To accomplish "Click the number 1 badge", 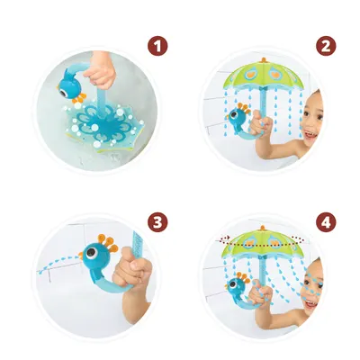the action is pyautogui.click(x=157, y=46).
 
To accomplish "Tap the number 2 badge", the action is pyautogui.click(x=326, y=46).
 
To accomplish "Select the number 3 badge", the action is pyautogui.click(x=157, y=222).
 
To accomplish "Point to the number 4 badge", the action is pyautogui.click(x=326, y=222).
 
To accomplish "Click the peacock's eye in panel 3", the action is pyautogui.click(x=90, y=254).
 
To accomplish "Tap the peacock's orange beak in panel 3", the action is pyautogui.click(x=80, y=256).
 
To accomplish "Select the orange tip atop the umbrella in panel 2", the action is pyautogui.click(x=264, y=59).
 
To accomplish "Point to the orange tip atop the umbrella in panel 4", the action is pyautogui.click(x=263, y=228).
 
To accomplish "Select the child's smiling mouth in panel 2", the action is pyautogui.click(x=310, y=136).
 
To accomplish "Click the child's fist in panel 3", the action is pyautogui.click(x=132, y=267).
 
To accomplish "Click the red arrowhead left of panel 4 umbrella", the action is pyautogui.click(x=229, y=238).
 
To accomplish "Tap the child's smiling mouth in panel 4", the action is pyautogui.click(x=310, y=304).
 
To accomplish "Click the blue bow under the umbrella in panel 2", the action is pyautogui.click(x=263, y=89).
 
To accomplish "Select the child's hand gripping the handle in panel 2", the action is pyautogui.click(x=262, y=124).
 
